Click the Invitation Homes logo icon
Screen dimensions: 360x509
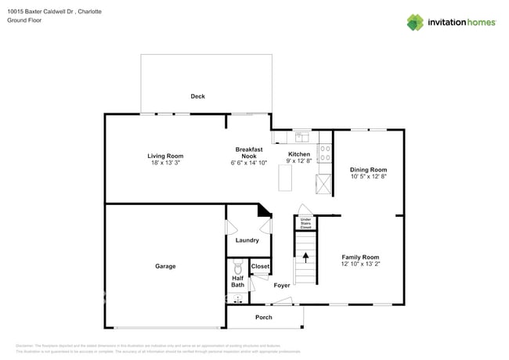[415, 22]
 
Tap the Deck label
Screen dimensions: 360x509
[197, 96]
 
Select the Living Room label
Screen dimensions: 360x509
[165, 156]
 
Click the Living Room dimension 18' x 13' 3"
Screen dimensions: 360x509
[165, 163]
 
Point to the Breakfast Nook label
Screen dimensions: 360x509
[249, 153]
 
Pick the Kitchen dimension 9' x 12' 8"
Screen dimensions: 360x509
[299, 161]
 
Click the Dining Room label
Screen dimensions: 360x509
[368, 169]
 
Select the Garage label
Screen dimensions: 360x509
[165, 266]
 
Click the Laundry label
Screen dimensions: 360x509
[247, 240]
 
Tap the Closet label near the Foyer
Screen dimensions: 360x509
[260, 267]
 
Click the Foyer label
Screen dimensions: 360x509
[282, 286]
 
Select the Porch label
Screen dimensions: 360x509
[264, 317]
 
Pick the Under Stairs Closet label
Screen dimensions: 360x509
[305, 224]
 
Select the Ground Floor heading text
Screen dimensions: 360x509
[24, 20]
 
